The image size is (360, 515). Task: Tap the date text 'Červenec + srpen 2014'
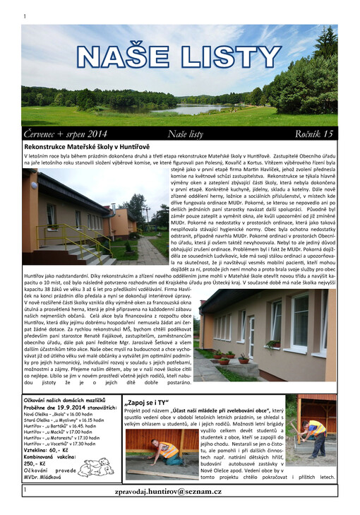(x=65, y=134)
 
